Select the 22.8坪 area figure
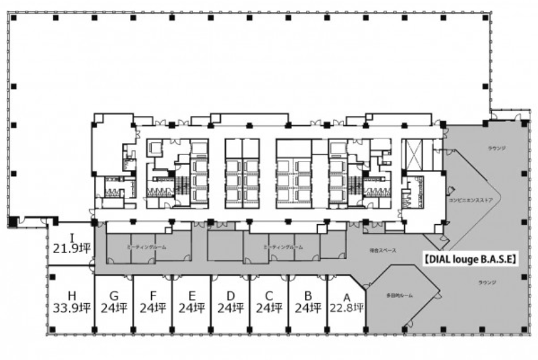(346, 307)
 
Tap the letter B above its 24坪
(307, 296)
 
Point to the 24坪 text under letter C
(269, 307)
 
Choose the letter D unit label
(230, 296)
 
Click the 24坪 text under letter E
(192, 307)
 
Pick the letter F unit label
(153, 296)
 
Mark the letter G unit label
(114, 296)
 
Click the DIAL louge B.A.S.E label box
(469, 259)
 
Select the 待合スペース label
(382, 251)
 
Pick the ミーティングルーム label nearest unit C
(283, 247)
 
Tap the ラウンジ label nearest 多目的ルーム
(489, 282)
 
